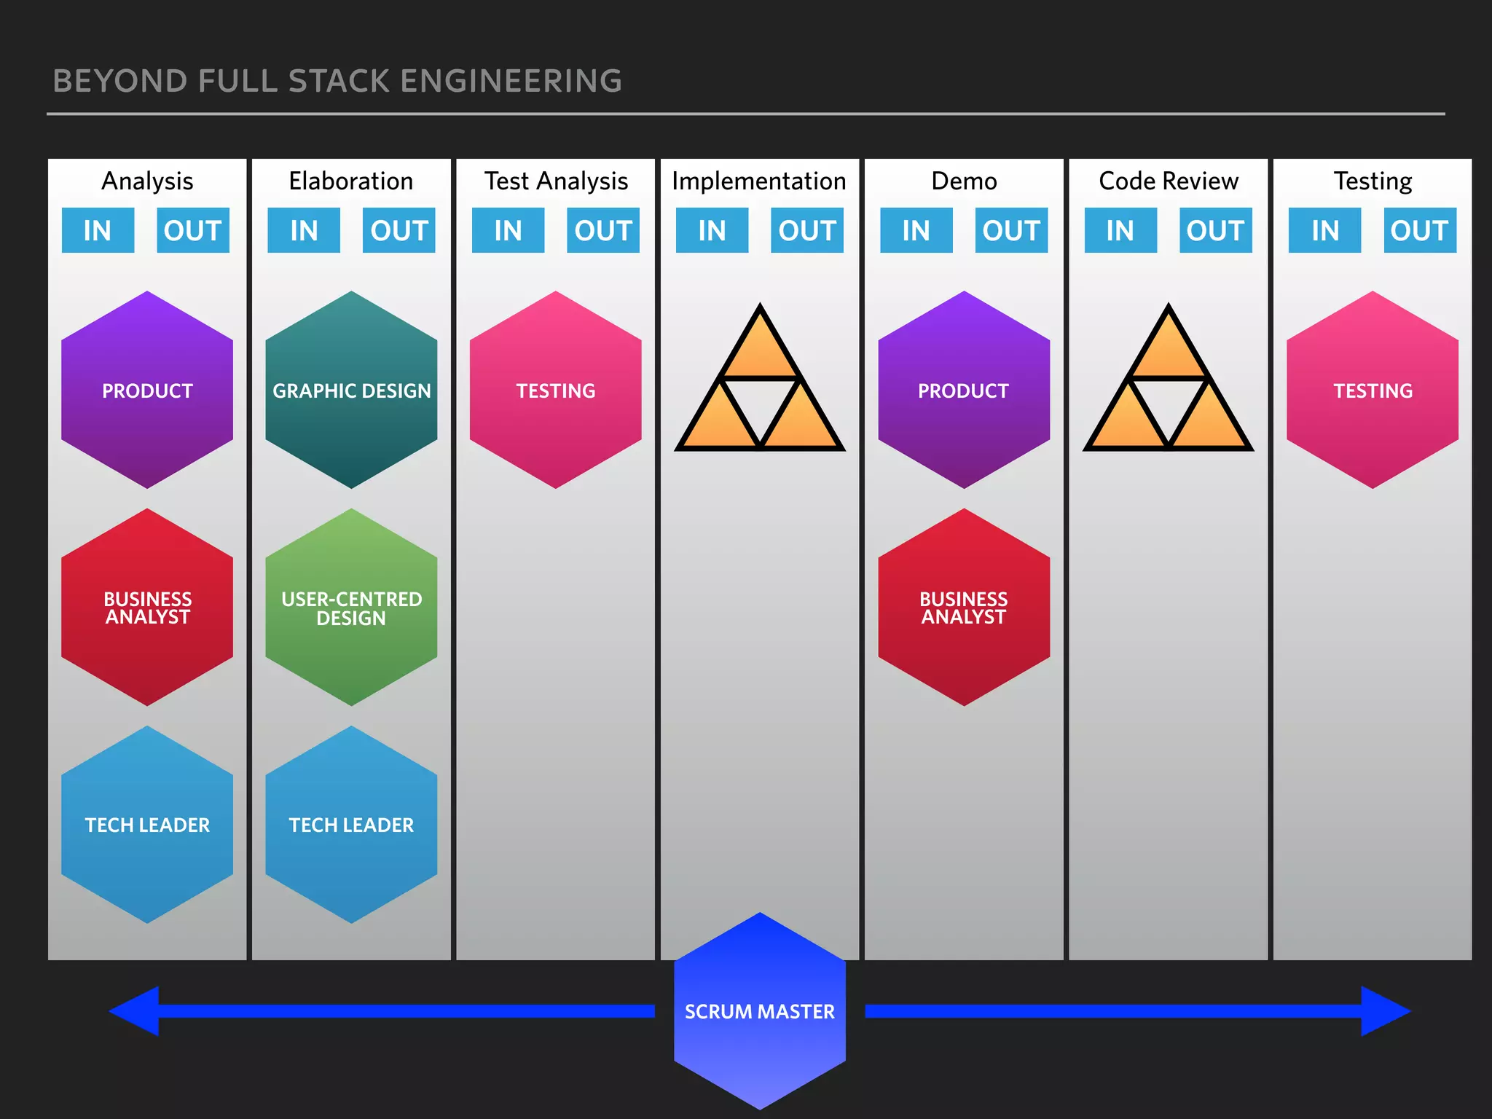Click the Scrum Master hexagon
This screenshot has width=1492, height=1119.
tap(760, 1010)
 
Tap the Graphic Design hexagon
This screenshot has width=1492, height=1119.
tap(351, 390)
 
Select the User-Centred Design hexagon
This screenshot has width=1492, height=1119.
tap(351, 607)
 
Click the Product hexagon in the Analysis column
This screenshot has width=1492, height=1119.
tap(147, 390)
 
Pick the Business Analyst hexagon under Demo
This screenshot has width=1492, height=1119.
tap(964, 607)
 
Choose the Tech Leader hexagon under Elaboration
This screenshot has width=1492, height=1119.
tap(351, 824)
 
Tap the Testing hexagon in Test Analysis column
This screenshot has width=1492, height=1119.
tap(556, 390)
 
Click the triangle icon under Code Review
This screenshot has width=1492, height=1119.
tap(1169, 386)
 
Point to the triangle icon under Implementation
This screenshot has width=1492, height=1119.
tap(760, 386)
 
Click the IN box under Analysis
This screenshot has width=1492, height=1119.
tap(98, 230)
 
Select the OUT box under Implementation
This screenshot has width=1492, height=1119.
tap(807, 230)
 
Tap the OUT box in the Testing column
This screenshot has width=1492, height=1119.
tap(1420, 230)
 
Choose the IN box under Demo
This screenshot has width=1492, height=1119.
tap(916, 230)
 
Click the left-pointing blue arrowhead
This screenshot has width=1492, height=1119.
tap(136, 1010)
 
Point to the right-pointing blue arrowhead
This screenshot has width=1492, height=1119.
tap(1384, 1010)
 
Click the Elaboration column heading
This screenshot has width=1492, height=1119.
tap(351, 181)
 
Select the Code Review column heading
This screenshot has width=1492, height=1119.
tap(1169, 181)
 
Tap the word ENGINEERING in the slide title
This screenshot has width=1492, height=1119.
tap(511, 81)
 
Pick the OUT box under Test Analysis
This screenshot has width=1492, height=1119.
tap(603, 230)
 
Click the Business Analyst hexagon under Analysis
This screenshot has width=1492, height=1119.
tap(147, 607)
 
